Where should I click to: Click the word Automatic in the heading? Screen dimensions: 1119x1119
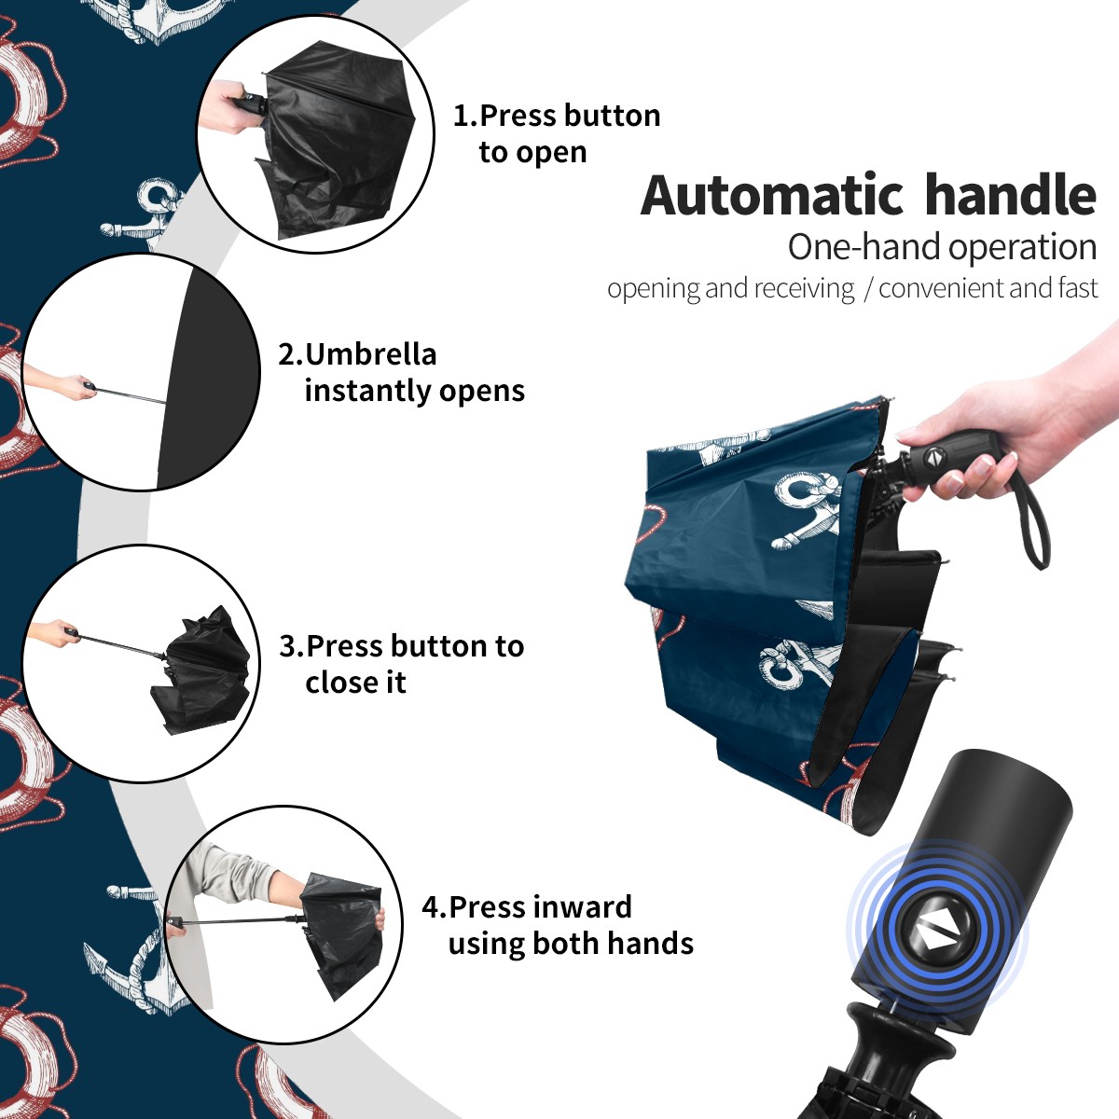(x=772, y=196)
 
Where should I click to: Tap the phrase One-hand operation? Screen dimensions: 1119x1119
(x=942, y=247)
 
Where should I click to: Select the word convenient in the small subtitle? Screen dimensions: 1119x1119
(x=941, y=288)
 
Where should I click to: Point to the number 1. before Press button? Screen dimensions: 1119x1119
(x=465, y=116)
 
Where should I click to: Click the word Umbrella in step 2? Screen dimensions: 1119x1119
(x=370, y=354)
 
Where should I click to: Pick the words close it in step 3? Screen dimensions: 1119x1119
(x=355, y=682)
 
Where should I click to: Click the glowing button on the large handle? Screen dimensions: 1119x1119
(x=936, y=935)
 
